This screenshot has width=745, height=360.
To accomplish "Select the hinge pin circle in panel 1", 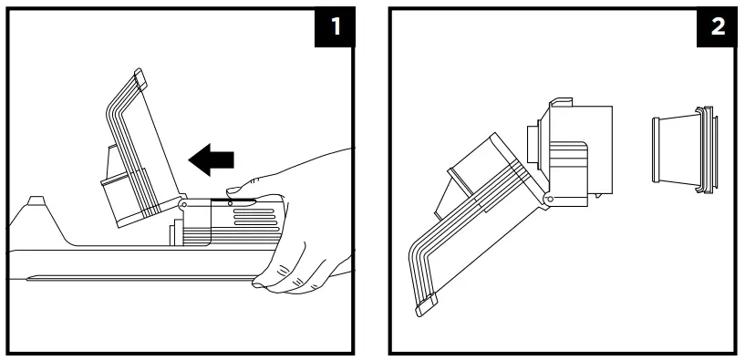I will [182, 205].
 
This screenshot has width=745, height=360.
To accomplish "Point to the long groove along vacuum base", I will [137, 277].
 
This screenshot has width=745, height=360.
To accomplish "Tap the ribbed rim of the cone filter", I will [704, 151].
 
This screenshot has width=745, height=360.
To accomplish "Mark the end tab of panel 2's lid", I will [426, 306].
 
